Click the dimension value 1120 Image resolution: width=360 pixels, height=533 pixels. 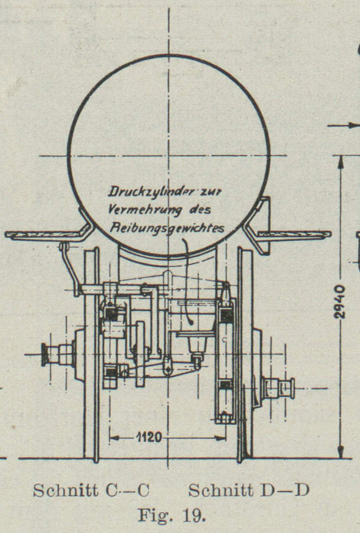click(x=149, y=438)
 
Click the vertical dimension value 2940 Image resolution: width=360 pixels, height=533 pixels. click(x=340, y=302)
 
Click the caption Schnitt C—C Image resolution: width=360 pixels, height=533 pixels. click(x=91, y=490)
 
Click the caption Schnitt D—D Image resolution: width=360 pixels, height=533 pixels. click(x=248, y=490)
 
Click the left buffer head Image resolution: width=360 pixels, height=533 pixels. click(x=45, y=355)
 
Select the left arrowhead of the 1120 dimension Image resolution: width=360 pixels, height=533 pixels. click(x=114, y=438)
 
